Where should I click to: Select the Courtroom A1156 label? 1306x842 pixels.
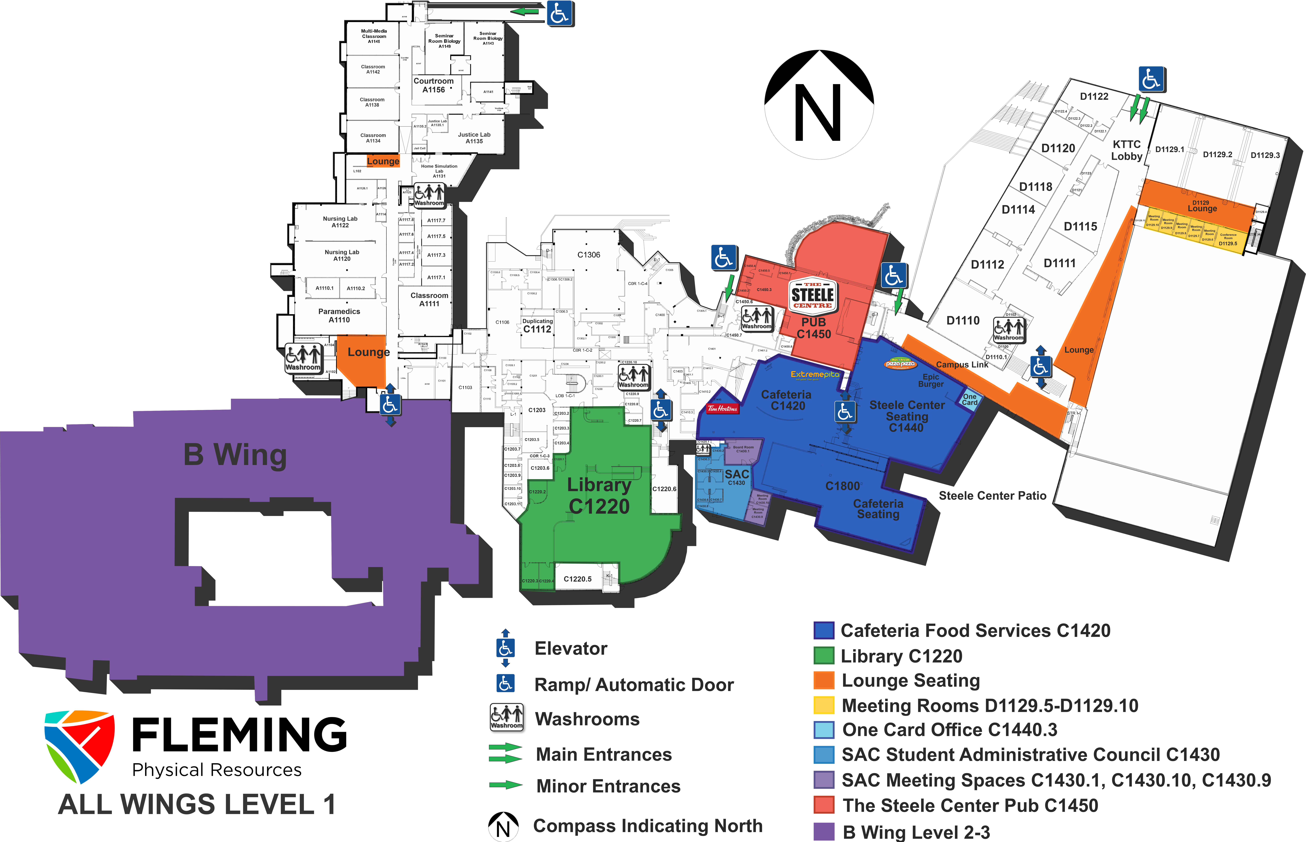433,85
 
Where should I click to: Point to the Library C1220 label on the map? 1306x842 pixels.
599,495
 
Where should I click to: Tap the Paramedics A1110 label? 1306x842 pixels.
339,315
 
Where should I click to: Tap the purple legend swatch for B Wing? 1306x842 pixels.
824,831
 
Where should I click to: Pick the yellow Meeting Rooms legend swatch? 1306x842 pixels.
824,705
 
